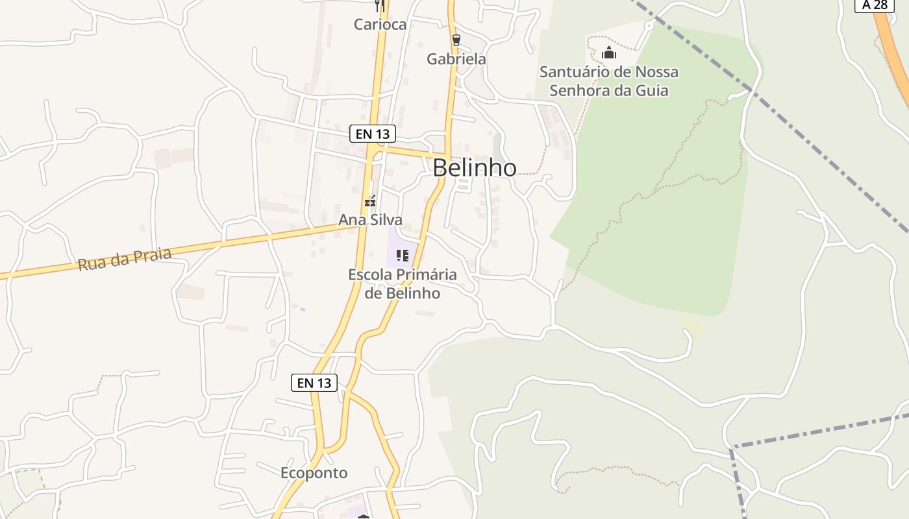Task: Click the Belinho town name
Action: pos(475,168)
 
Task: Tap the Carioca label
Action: pos(380,25)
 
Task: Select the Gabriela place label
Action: pos(456,59)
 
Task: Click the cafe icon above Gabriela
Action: pos(456,40)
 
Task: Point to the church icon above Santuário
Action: pos(608,53)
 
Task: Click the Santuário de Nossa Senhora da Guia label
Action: pos(608,81)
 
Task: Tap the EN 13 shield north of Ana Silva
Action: pos(372,134)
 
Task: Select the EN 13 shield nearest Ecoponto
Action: pos(314,383)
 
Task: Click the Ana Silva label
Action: pos(370,220)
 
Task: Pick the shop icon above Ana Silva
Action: pos(370,202)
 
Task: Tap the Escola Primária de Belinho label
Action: pos(403,284)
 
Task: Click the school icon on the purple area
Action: pos(403,256)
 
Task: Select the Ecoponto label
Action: pos(314,473)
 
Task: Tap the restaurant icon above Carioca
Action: pos(380,6)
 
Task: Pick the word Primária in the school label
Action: pos(427,274)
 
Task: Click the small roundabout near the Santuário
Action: pos(648,26)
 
